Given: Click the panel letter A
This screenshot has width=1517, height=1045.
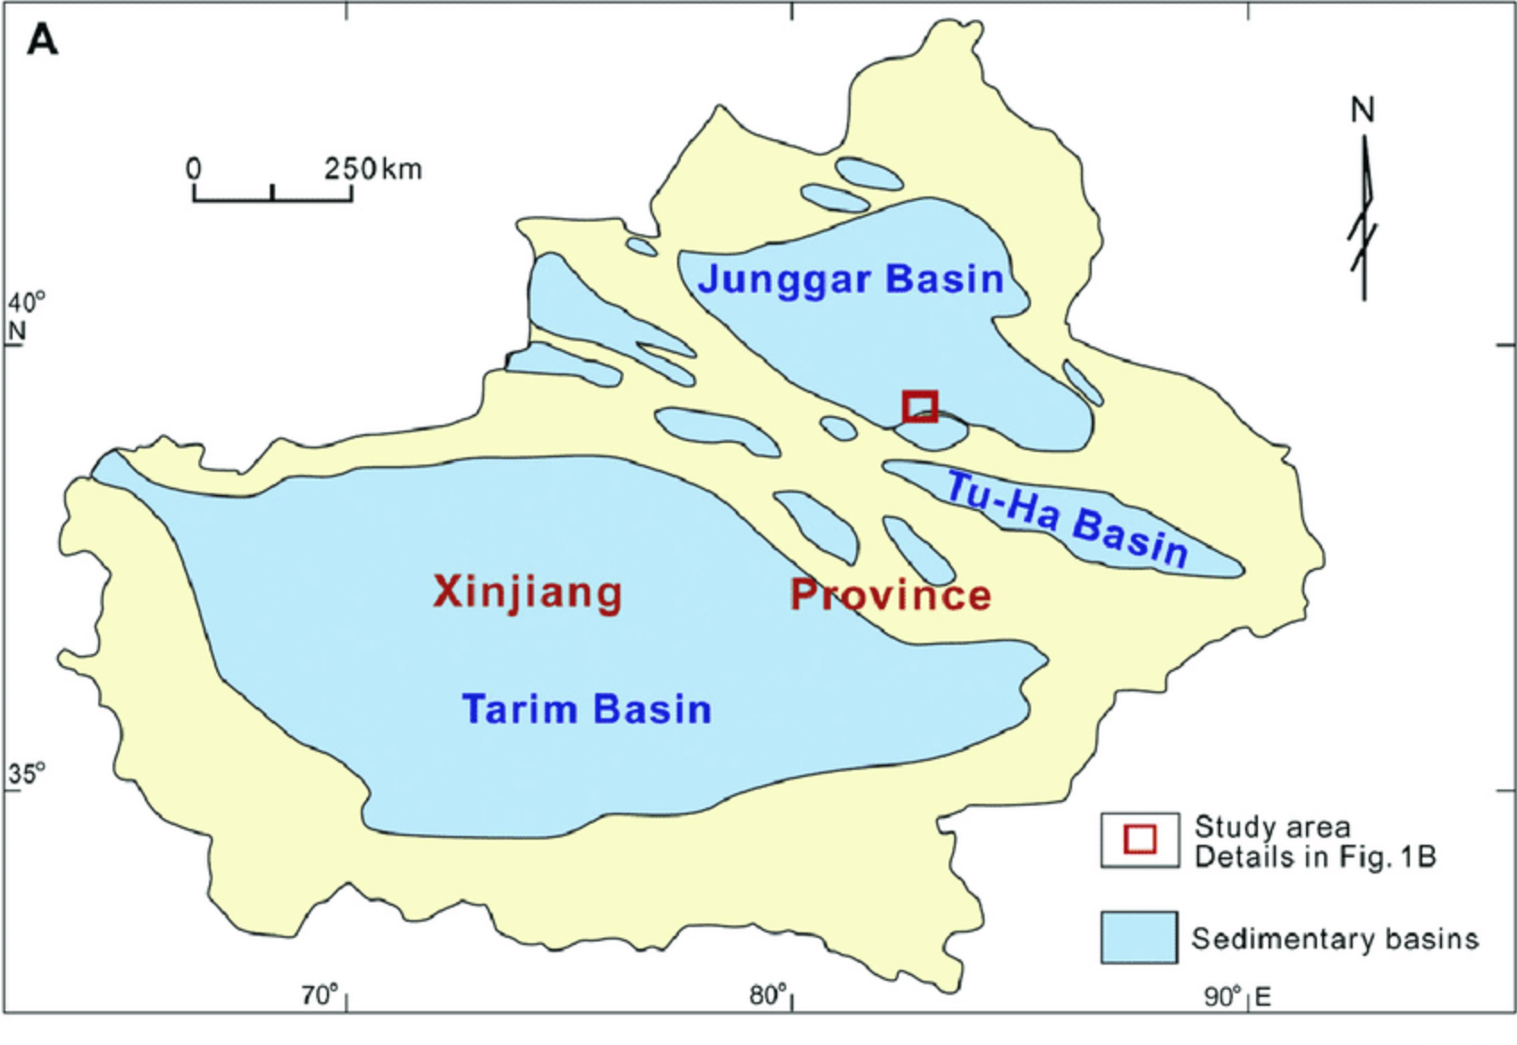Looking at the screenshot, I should (42, 41).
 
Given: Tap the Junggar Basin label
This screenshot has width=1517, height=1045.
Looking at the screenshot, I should (851, 279).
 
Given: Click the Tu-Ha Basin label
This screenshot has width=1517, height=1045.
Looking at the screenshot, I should (1067, 519).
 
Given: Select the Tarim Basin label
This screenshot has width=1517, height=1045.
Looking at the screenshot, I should (586, 709).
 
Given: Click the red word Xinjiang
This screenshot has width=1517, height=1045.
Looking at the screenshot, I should (528, 592).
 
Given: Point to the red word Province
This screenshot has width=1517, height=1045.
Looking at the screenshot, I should (891, 595).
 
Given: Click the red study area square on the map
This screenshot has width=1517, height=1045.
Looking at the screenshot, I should (919, 406).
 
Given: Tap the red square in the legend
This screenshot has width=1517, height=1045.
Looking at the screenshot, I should (1139, 840).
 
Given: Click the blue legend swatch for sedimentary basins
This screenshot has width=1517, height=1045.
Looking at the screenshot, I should (1138, 937).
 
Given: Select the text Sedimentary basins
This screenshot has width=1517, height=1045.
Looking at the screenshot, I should (1335, 939).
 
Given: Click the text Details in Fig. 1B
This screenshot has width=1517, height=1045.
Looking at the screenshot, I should (1314, 857).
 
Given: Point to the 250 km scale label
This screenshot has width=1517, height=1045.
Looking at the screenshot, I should (373, 169).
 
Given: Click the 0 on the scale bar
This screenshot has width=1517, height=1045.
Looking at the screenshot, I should (194, 169).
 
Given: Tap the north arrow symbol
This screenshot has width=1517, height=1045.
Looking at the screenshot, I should (1363, 219).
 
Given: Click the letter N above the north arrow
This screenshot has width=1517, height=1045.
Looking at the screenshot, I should (1362, 111).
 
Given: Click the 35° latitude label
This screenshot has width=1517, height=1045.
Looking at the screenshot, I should (26, 773).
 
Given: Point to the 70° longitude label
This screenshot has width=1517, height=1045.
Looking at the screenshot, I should (320, 995).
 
